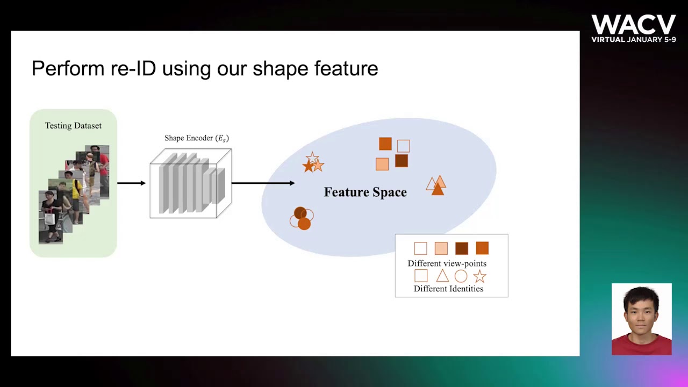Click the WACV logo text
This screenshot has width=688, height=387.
633,25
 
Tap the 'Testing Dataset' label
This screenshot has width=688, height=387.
73,126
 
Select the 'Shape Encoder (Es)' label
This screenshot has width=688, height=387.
197,138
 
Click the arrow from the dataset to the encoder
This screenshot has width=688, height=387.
131,183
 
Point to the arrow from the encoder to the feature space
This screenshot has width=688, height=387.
263,183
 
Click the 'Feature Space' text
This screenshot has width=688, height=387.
365,192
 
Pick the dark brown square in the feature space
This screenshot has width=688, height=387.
402,161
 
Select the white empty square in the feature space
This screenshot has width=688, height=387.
404,146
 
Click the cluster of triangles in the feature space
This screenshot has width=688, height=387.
436,185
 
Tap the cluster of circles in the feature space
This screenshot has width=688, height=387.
302,218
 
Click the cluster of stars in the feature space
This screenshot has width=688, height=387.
313,163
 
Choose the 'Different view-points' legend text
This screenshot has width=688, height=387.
447,263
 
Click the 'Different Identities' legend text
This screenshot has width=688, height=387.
448,289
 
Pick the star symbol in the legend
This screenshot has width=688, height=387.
479,276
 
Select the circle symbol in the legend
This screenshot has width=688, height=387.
461,276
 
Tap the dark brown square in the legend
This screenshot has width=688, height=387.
462,248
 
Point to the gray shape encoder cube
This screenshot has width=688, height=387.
190,184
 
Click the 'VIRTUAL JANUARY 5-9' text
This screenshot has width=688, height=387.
633,40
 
